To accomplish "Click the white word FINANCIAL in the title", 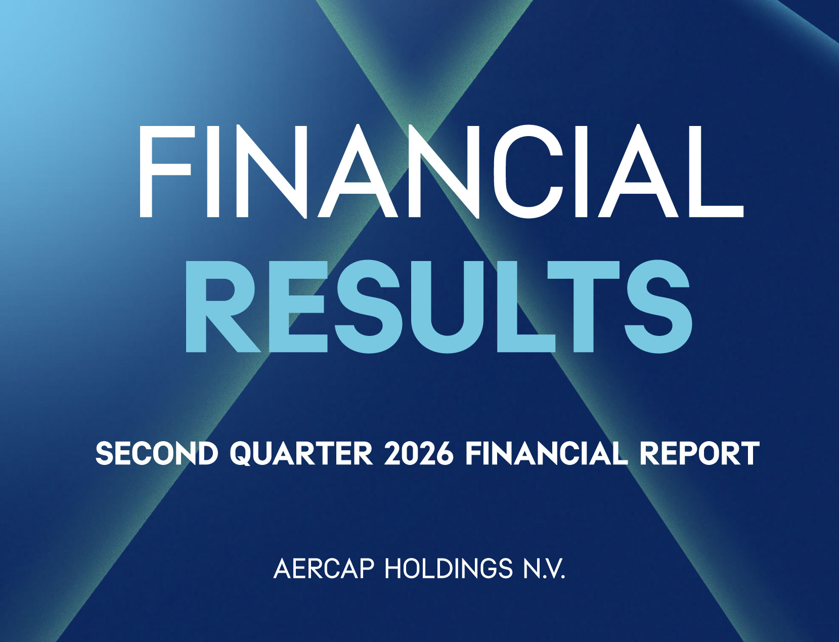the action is pyautogui.click(x=441, y=171).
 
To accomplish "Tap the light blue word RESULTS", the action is pyautogui.click(x=438, y=306).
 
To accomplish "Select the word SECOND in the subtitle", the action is pyautogui.click(x=157, y=454).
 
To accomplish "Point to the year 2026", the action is pyautogui.click(x=419, y=454).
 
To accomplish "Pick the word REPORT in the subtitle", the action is pyautogui.click(x=699, y=454).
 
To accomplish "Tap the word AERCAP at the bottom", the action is pyautogui.click(x=323, y=569).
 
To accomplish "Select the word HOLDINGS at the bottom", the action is pyautogui.click(x=449, y=569).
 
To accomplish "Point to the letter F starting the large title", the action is pyautogui.click(x=165, y=171).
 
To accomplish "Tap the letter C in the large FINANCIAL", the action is pyautogui.click(x=528, y=171).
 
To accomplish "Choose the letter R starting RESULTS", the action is pyautogui.click(x=222, y=306).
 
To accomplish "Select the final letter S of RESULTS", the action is pyautogui.click(x=658, y=306).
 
